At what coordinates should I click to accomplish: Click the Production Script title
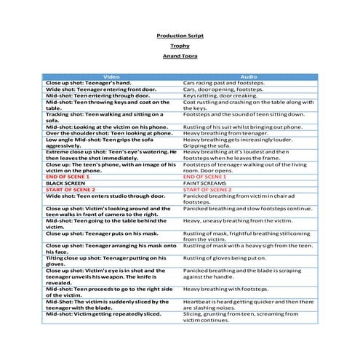point(180,36)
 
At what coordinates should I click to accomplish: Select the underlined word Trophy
point(180,46)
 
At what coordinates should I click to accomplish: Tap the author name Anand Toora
point(180,56)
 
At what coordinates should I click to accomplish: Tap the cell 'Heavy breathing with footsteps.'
point(225,288)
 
